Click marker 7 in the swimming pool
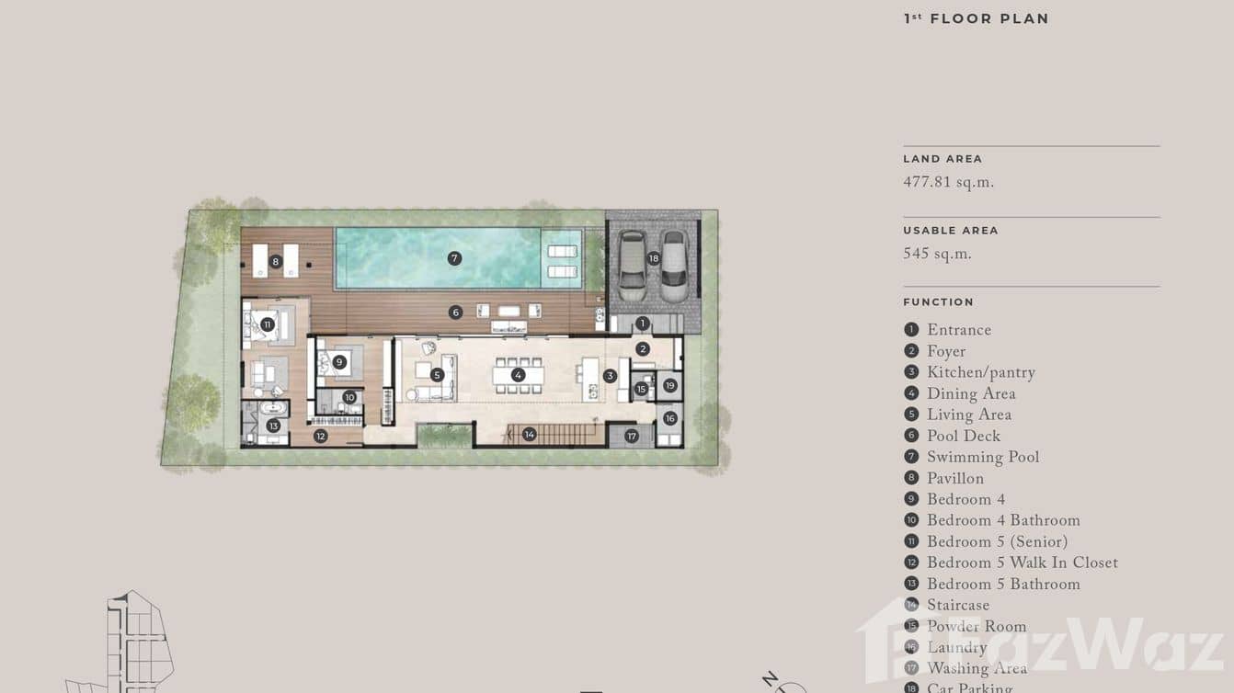pyautogui.click(x=454, y=258)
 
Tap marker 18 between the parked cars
pyautogui.click(x=654, y=258)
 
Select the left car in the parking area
pyautogui.click(x=632, y=265)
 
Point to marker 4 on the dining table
pyautogui.click(x=519, y=375)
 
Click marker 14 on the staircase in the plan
pyautogui.click(x=529, y=434)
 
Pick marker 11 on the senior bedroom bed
pyautogui.click(x=268, y=324)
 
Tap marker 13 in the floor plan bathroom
pyautogui.click(x=273, y=426)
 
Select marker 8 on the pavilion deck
pyautogui.click(x=276, y=262)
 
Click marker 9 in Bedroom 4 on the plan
pyautogui.click(x=339, y=362)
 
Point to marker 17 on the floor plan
pyautogui.click(x=632, y=436)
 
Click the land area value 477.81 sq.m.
pyautogui.click(x=948, y=183)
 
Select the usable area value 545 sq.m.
pyautogui.click(x=937, y=255)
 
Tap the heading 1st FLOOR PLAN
pyautogui.click(x=976, y=18)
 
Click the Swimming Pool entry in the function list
pyautogui.click(x=982, y=458)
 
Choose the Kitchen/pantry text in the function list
pyautogui.click(x=980, y=373)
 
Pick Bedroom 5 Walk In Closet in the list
pyautogui.click(x=1022, y=563)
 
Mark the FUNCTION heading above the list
pyautogui.click(x=938, y=302)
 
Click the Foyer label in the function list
pyautogui.click(x=945, y=352)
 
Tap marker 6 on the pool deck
pyautogui.click(x=455, y=312)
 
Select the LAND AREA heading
pyautogui.click(x=943, y=159)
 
